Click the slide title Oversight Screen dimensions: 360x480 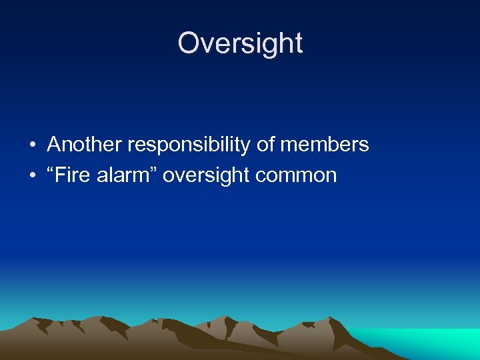coord(240,43)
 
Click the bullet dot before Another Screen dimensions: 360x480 coord(32,145)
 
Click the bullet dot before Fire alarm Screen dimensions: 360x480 coord(32,176)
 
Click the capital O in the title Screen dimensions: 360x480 coord(189,43)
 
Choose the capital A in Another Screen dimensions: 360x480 coord(55,145)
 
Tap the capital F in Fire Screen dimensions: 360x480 coord(61,175)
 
